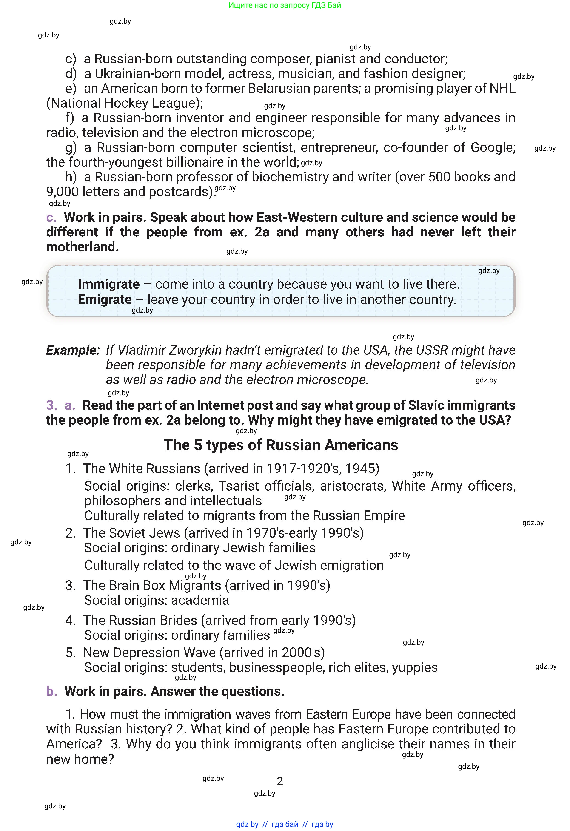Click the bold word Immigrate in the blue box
109,284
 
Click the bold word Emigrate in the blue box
105,300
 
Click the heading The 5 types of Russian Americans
281,445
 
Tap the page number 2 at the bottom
280,781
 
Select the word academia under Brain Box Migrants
200,600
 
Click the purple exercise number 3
51,405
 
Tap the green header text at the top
285,5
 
